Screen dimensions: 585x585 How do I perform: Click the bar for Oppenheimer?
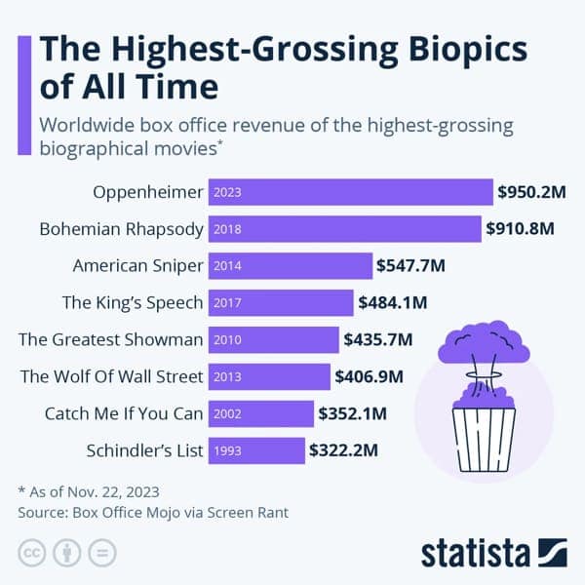click(351, 192)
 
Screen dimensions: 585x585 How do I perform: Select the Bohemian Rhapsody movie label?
click(122, 229)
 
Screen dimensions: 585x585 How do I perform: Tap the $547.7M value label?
click(411, 266)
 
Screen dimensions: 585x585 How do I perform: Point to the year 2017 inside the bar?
click(226, 303)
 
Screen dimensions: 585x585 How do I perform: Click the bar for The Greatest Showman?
click(273, 340)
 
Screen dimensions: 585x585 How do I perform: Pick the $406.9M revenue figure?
click(369, 376)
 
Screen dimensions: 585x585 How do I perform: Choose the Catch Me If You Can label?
click(124, 413)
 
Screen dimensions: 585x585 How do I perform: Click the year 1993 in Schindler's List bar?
click(226, 450)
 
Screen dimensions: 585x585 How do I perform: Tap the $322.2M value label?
click(343, 450)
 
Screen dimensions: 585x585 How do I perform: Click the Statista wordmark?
click(473, 552)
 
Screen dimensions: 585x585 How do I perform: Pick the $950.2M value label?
click(531, 192)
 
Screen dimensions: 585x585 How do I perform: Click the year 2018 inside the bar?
click(226, 229)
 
